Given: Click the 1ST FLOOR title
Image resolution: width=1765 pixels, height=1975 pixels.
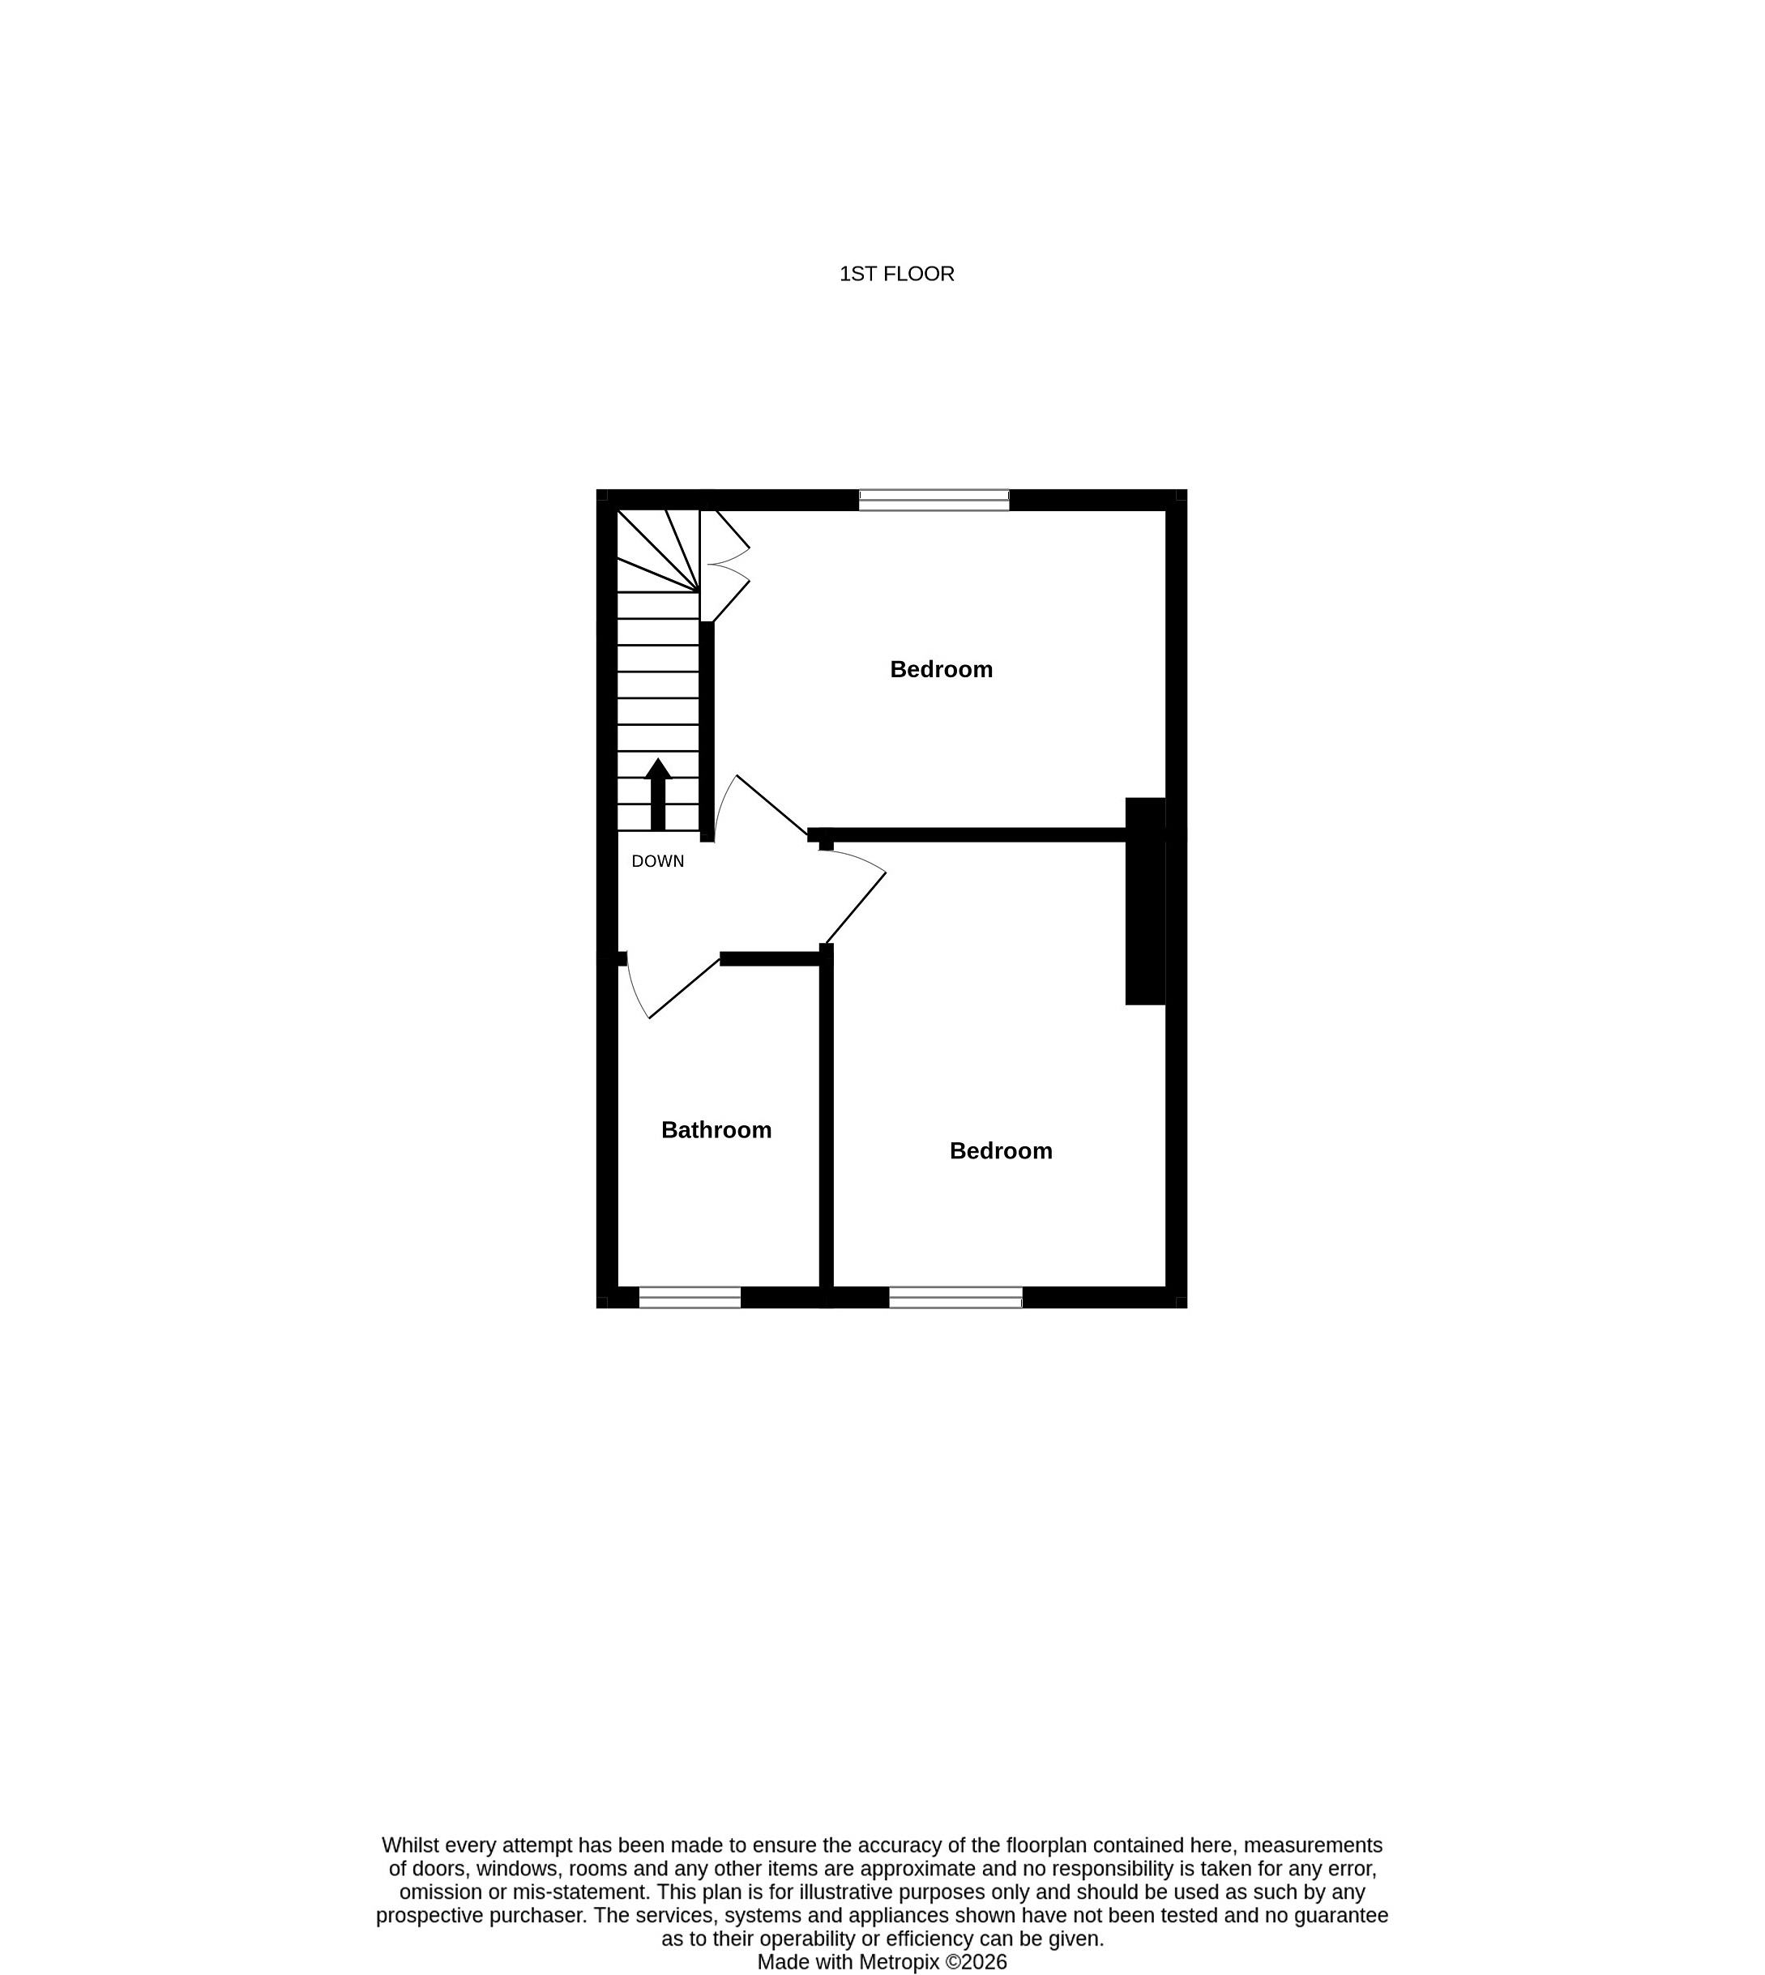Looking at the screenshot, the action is [x=896, y=275].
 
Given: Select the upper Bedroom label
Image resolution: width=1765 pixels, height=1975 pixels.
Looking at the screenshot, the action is [x=941, y=669].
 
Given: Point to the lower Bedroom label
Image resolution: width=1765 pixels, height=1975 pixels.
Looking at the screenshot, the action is [x=1000, y=1151].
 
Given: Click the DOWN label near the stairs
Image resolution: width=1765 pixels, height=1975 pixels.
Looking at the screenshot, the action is [x=657, y=861].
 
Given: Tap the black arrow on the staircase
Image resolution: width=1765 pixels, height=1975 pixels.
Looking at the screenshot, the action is [x=659, y=794].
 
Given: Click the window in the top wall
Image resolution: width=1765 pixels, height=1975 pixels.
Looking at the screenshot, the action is [x=934, y=501].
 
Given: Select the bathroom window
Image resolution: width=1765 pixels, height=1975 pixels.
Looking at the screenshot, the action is [x=690, y=1297].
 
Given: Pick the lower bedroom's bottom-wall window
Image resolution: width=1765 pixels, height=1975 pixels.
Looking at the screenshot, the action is [x=955, y=1297].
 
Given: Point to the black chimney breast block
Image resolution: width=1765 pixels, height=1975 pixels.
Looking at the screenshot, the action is [x=1144, y=901].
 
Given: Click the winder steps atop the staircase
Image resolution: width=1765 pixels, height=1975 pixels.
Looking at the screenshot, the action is [x=657, y=551].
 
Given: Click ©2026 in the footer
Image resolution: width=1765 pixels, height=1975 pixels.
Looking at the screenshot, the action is [x=977, y=1962].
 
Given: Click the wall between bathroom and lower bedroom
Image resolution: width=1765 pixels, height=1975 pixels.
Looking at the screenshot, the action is [x=827, y=1124].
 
